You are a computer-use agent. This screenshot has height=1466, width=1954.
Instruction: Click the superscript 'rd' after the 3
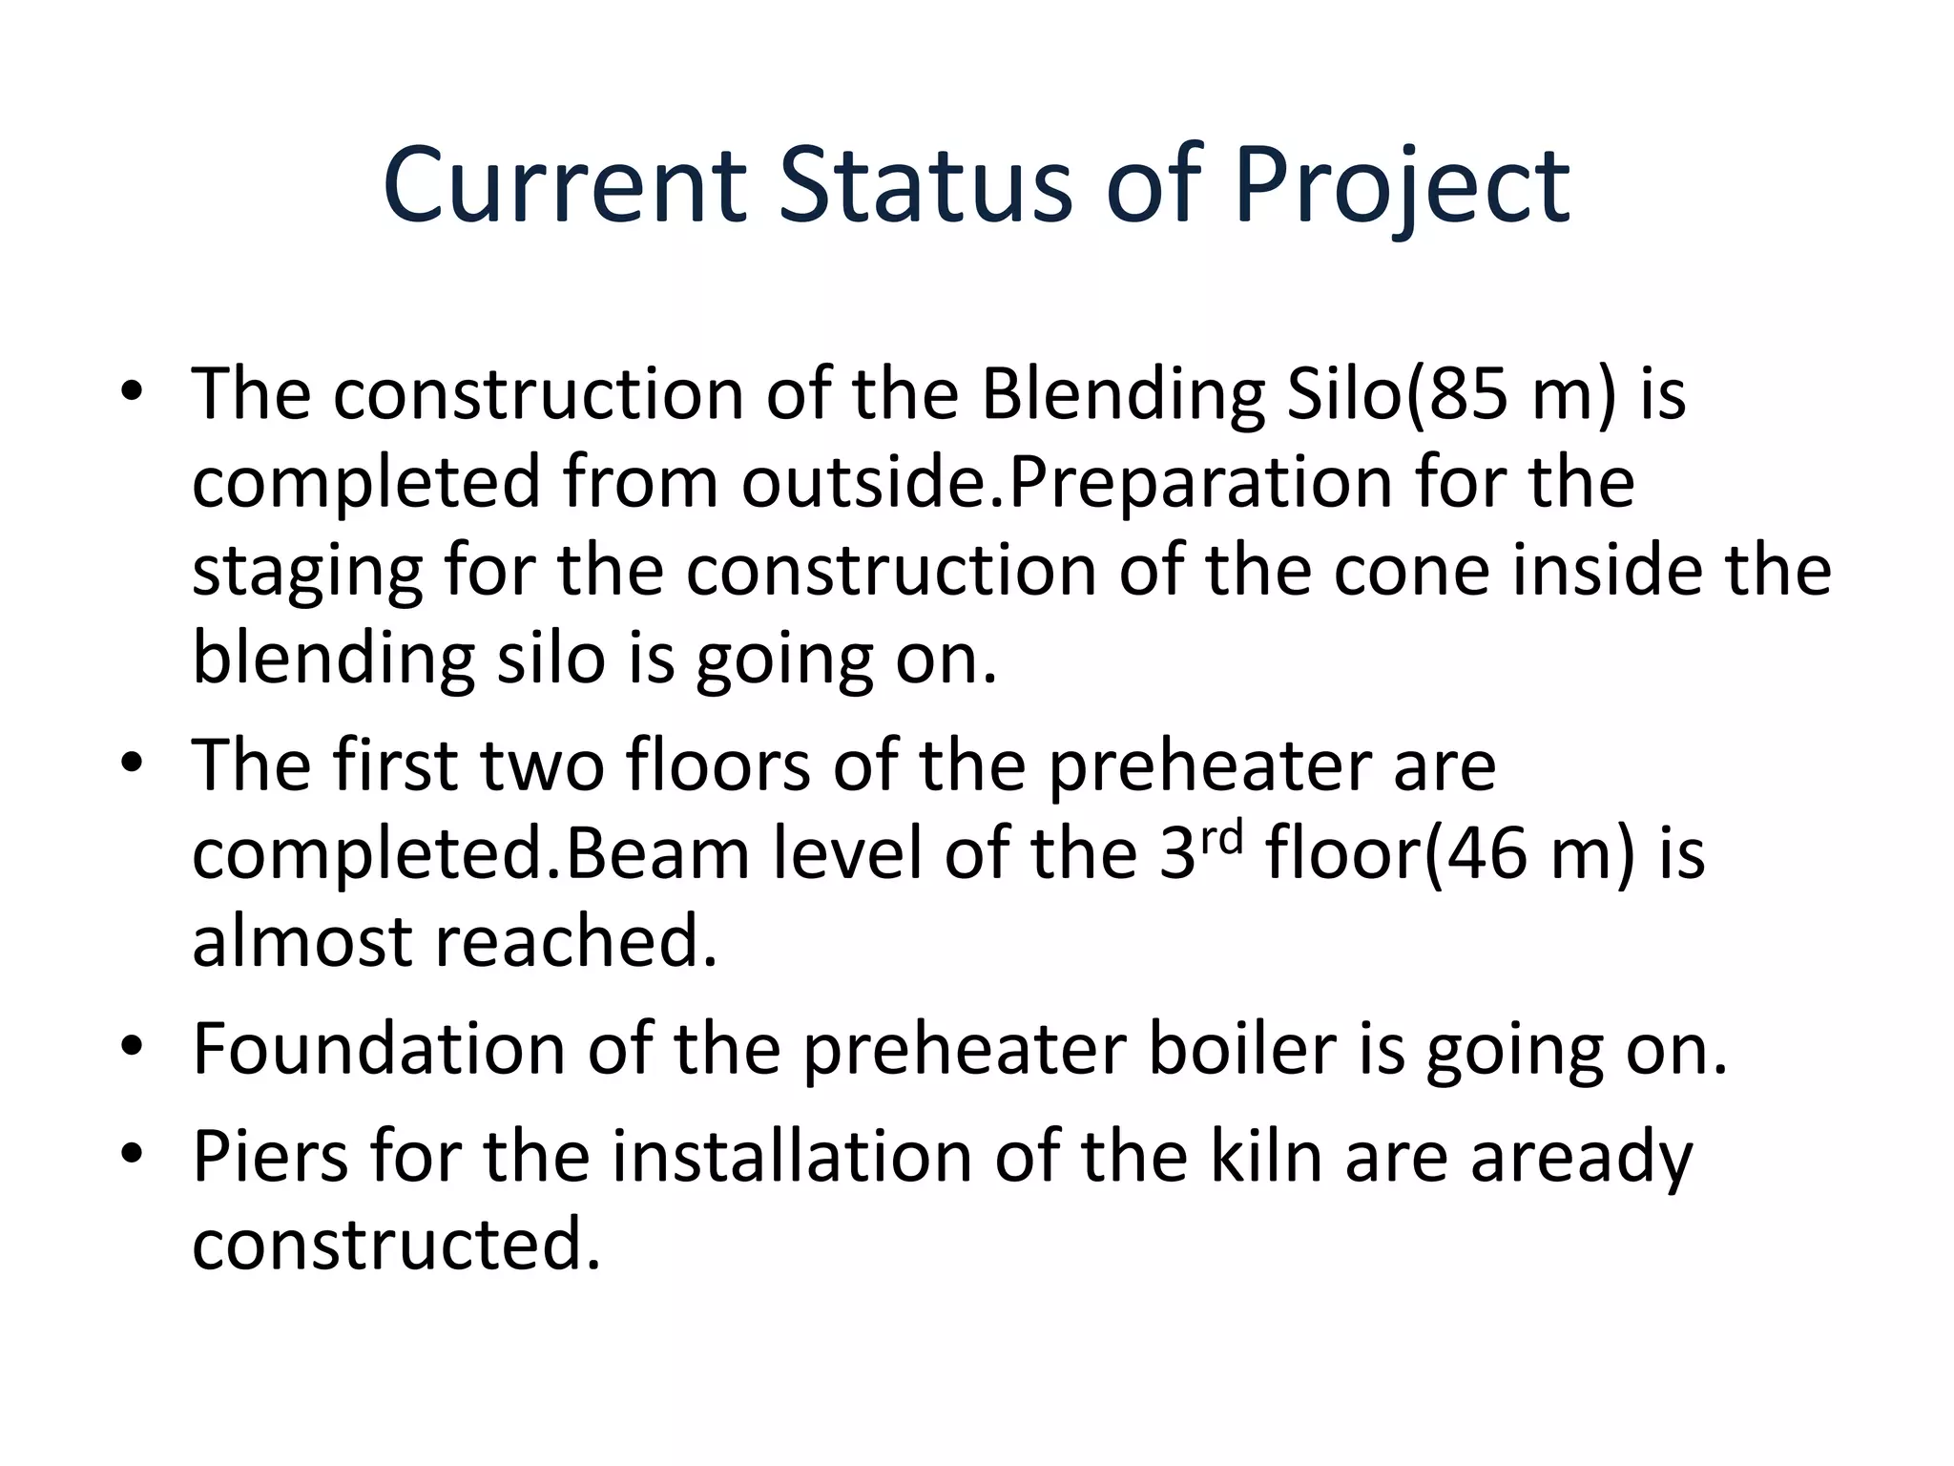1222,837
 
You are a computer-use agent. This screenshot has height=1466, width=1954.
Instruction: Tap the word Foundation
378,1048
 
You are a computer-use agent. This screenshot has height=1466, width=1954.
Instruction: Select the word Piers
270,1156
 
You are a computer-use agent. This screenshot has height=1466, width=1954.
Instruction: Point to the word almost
301,941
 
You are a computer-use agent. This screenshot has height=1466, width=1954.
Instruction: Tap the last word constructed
397,1245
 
